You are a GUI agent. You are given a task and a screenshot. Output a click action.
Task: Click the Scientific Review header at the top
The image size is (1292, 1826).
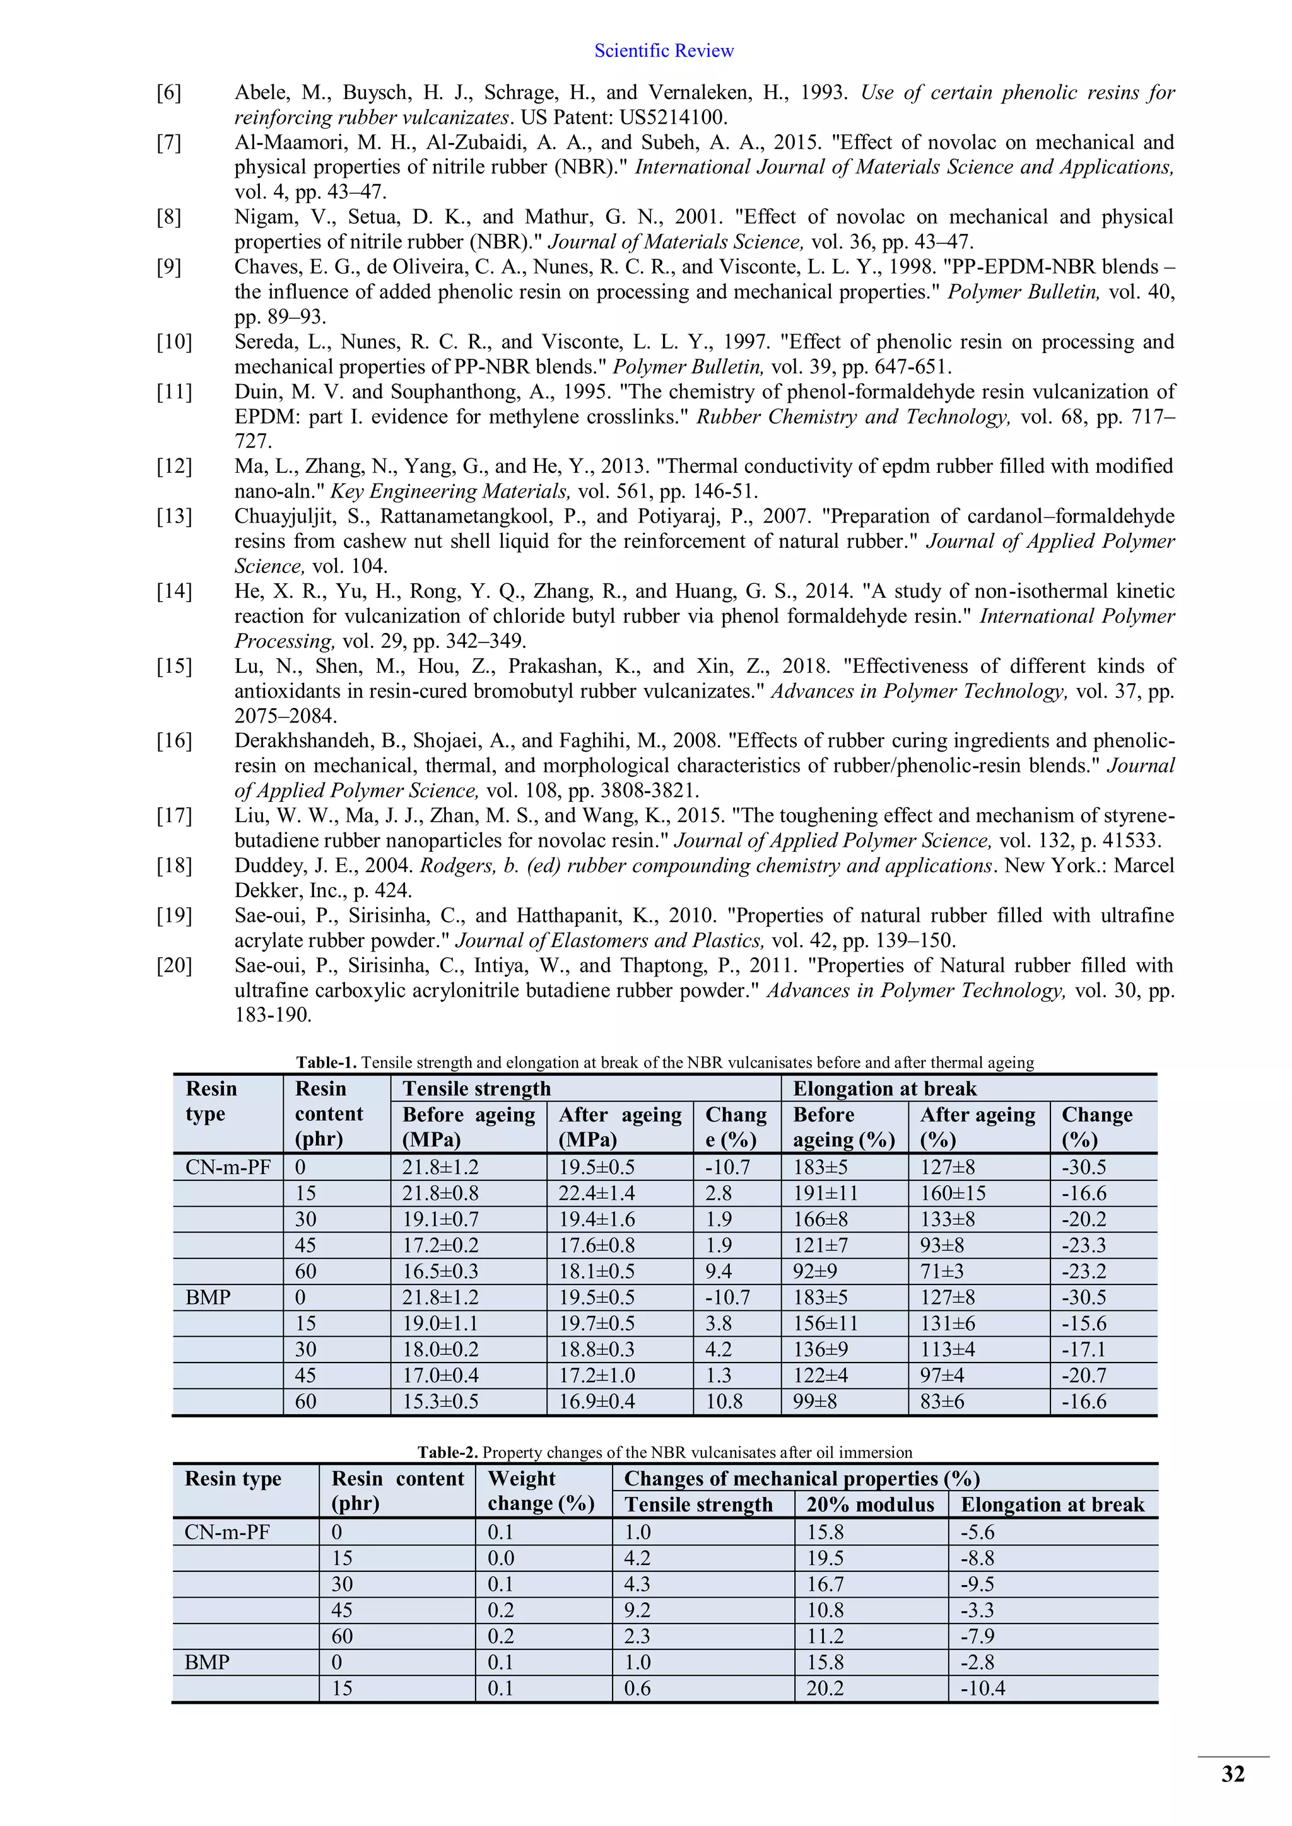(x=664, y=51)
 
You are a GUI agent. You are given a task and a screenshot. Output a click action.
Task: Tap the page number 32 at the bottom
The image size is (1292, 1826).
(x=1232, y=1774)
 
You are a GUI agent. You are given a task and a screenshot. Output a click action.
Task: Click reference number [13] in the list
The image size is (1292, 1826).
(x=174, y=516)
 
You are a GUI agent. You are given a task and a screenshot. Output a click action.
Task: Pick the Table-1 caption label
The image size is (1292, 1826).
(x=326, y=1062)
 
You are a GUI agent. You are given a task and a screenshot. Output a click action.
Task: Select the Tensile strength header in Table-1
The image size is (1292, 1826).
(x=476, y=1089)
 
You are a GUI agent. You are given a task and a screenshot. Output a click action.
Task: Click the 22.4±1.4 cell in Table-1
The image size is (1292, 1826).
(x=597, y=1193)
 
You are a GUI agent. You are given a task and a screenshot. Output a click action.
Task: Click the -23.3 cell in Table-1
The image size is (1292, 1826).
(x=1084, y=1245)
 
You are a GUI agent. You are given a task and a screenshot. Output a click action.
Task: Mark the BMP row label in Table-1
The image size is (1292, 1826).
(x=208, y=1297)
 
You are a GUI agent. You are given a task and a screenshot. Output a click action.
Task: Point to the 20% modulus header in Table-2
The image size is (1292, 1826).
(x=869, y=1504)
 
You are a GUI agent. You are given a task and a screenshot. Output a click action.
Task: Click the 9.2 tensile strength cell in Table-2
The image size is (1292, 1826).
(x=637, y=1610)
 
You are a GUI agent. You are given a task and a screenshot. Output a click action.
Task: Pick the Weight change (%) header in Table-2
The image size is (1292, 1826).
(x=541, y=1491)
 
